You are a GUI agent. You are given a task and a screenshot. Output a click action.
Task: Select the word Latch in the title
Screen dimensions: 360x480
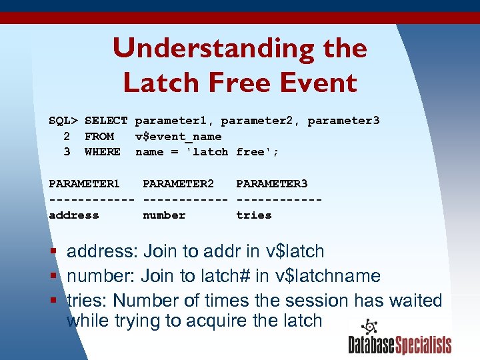click(159, 83)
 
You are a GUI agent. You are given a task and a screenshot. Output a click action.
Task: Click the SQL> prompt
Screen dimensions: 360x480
click(63, 121)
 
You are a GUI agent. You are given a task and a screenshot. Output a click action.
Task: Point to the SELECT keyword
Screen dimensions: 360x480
click(106, 121)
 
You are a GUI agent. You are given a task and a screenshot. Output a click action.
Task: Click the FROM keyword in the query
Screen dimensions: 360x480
click(99, 136)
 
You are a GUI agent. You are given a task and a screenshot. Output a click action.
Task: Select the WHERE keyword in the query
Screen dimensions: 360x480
click(103, 152)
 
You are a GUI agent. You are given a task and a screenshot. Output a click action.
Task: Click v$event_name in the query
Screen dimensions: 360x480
click(178, 136)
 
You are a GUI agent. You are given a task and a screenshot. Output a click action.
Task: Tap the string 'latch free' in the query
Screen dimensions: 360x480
click(235, 152)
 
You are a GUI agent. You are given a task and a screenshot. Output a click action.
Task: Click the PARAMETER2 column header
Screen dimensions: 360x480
click(178, 183)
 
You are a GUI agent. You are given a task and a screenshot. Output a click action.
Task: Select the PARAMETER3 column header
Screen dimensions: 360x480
click(271, 183)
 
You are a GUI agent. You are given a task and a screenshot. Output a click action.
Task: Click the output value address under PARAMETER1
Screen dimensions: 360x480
click(73, 215)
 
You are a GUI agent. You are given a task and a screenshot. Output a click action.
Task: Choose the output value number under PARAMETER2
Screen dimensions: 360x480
click(164, 215)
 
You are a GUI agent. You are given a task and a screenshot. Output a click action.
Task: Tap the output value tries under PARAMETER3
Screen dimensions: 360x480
click(253, 215)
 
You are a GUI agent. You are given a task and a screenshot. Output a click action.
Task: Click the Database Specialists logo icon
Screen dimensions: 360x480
click(368, 327)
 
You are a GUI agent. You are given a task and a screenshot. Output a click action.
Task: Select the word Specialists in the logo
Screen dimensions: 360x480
click(424, 345)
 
